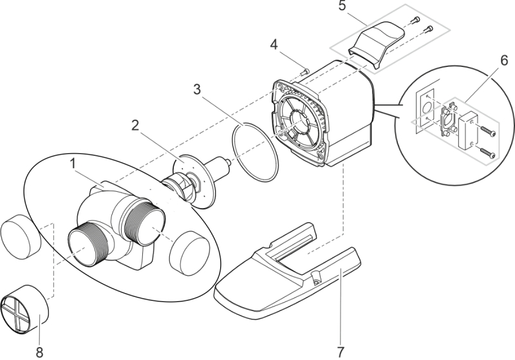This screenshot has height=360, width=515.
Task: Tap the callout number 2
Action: pyautogui.click(x=135, y=126)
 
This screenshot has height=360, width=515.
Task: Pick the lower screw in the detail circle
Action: pyautogui.click(x=487, y=153)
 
